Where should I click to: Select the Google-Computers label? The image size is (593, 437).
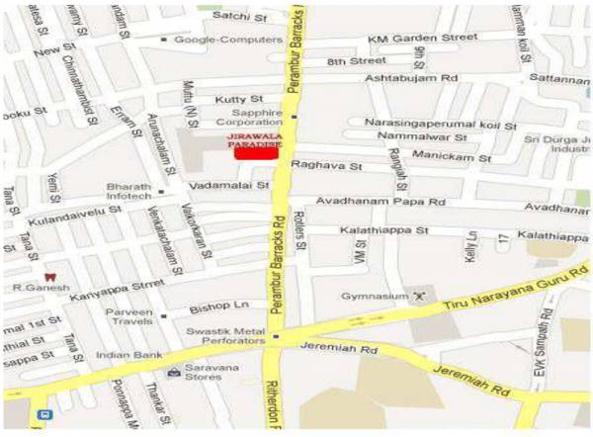(x=213, y=40)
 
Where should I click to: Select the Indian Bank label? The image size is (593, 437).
(x=127, y=354)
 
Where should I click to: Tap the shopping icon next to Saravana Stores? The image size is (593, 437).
(x=174, y=374)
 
